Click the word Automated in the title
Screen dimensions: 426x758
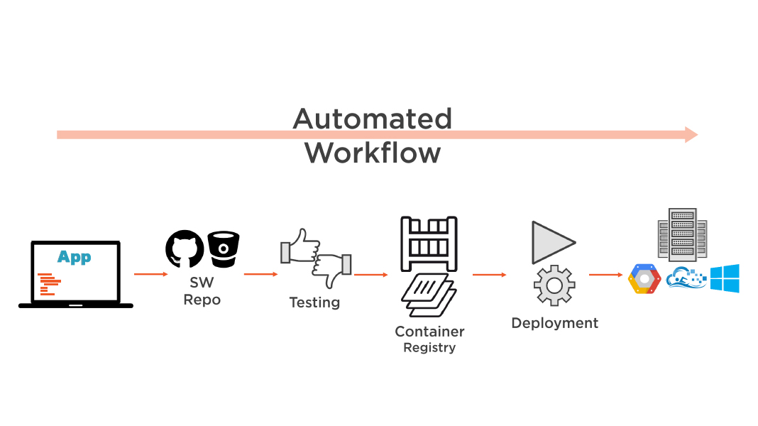coord(372,119)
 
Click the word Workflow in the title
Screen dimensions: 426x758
coord(372,153)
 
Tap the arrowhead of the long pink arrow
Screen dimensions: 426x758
coord(691,134)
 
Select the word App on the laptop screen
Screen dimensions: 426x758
coord(75,256)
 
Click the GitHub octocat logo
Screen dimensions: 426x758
coord(185,248)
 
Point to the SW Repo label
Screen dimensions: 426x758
coord(202,291)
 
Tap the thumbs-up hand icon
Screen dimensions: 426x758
coord(299,246)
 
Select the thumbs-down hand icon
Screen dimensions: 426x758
coord(332,268)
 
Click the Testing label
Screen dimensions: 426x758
coord(314,302)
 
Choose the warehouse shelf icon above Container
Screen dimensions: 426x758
coord(429,244)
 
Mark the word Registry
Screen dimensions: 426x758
coord(429,348)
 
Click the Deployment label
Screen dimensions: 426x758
coord(554,323)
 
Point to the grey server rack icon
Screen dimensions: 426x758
coord(681,234)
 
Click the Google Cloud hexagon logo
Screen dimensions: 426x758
coord(644,279)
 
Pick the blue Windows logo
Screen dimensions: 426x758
coord(725,278)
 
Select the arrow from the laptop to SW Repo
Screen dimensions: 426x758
coord(150,273)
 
